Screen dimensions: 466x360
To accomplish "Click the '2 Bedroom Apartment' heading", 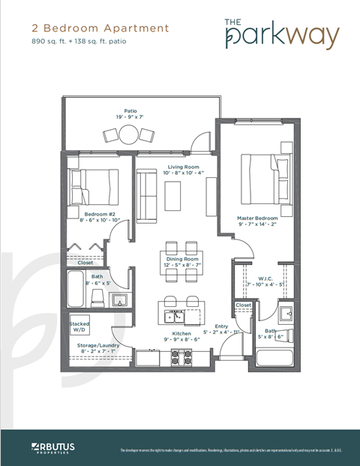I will pos(100,28).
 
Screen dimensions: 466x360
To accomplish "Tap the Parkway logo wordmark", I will pos(281,33).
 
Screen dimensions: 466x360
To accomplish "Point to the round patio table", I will pos(130,134).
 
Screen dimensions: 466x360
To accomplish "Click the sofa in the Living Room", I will pos(146,192).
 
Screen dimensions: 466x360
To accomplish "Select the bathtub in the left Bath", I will pos(75,290).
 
